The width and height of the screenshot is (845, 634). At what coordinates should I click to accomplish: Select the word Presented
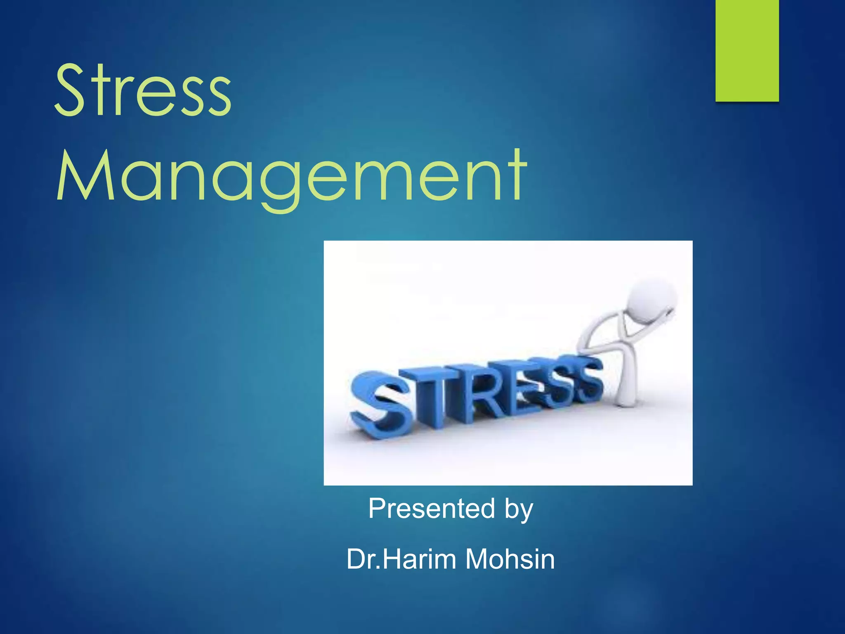tap(431, 508)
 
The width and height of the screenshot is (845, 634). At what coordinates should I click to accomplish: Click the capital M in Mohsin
tap(479, 559)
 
